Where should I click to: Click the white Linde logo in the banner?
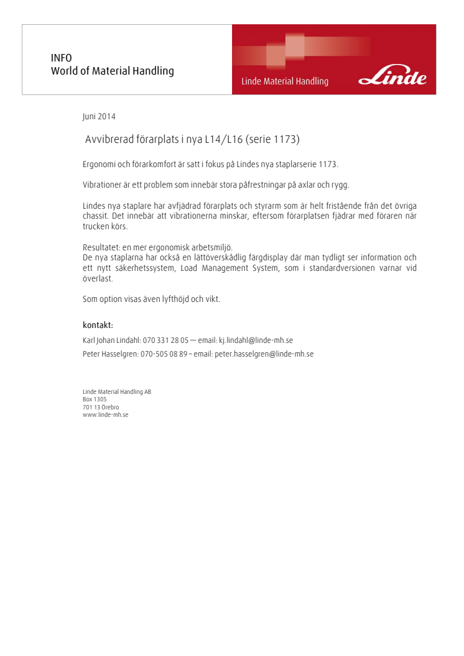coord(393,78)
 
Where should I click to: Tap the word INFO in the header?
coord(61,58)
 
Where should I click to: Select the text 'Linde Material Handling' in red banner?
coord(285,81)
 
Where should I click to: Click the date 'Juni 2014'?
coord(99,116)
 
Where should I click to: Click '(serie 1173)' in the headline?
coord(273,140)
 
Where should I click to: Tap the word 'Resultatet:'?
coord(101,247)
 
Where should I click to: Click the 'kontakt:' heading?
coord(98,325)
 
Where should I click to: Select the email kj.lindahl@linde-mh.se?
coord(256,340)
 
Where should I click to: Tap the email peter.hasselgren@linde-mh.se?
coord(264,354)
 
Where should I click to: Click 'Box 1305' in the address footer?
coord(95,399)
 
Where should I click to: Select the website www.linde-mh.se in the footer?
coord(105,414)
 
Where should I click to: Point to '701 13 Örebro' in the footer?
coord(101,407)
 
